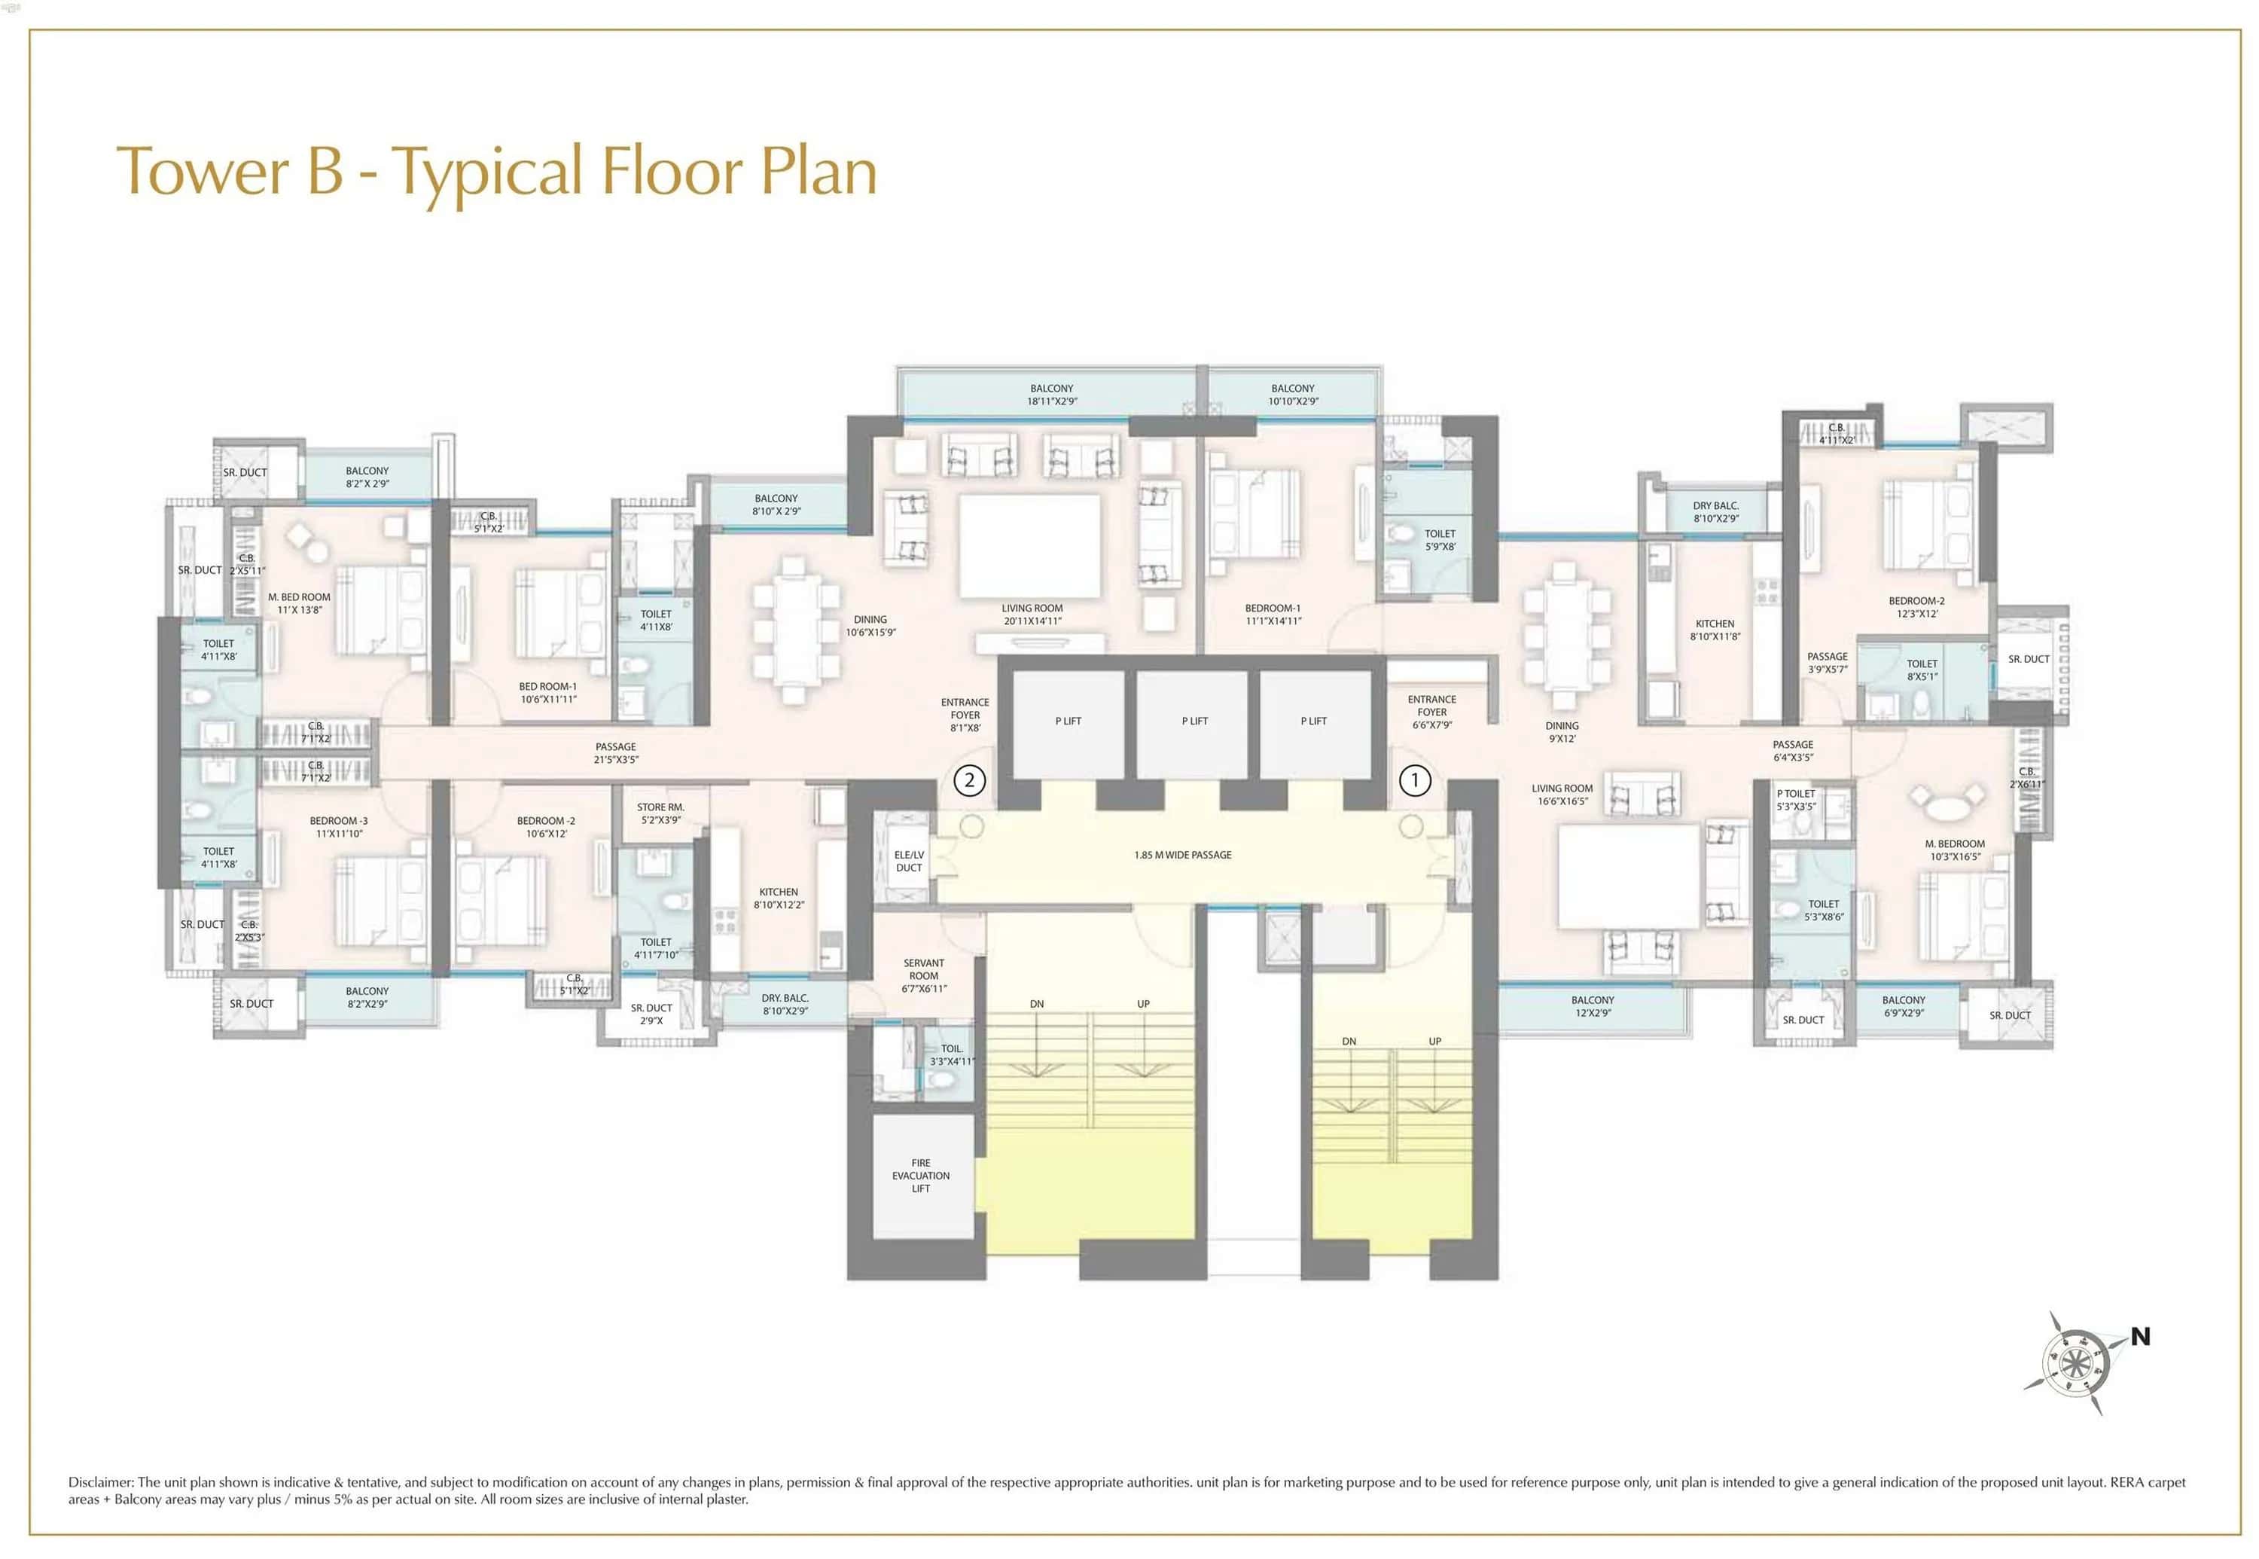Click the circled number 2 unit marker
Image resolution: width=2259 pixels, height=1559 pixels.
[x=969, y=779]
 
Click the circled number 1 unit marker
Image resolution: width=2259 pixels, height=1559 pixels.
[x=1414, y=779]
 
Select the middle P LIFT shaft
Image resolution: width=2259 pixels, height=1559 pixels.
[x=1194, y=721]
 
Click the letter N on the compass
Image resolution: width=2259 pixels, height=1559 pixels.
[x=2140, y=1336]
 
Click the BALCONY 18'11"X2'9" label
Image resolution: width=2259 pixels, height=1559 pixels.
[x=1051, y=395]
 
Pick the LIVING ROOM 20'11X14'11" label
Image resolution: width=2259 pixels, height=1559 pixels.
[x=1032, y=614]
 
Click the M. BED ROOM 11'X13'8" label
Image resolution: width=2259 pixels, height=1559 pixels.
[x=299, y=603]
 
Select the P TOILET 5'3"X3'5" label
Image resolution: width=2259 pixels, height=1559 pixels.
[x=1795, y=799]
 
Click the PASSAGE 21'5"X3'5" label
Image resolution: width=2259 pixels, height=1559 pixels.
[x=615, y=752]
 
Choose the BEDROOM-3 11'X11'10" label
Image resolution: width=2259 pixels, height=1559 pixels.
[x=339, y=826]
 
